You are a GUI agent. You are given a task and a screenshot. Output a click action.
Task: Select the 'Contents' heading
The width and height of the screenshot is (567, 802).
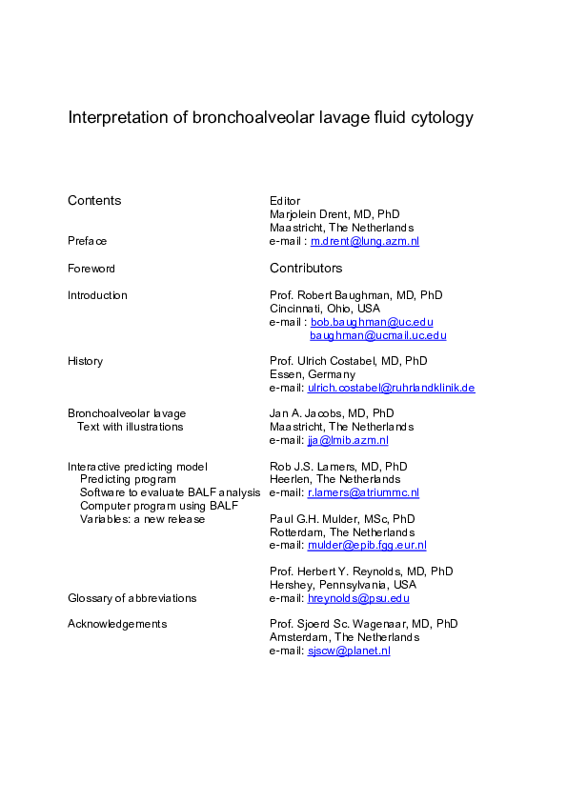coord(94,200)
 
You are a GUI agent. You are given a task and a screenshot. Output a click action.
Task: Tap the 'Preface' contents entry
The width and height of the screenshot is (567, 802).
coord(87,242)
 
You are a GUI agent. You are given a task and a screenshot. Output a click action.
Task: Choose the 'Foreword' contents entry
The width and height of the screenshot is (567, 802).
coord(91,269)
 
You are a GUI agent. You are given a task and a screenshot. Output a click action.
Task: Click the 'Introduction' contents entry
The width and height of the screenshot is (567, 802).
coord(97,295)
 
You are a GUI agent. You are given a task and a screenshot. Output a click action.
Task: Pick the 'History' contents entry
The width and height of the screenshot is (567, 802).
coord(85,361)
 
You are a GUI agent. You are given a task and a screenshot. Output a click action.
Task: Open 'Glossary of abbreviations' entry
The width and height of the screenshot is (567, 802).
coord(132,598)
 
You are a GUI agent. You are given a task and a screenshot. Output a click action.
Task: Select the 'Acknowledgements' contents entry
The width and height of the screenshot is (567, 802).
coord(117,624)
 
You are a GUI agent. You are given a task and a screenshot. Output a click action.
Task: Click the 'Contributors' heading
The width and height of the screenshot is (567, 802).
coord(306,269)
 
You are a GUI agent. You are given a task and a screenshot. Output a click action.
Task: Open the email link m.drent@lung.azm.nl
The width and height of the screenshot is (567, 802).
coord(365,242)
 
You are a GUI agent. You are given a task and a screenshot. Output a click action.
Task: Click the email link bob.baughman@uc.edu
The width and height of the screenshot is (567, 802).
coord(372,322)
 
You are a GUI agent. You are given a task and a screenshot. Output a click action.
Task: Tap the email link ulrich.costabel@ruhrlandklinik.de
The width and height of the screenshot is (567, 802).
coord(391,388)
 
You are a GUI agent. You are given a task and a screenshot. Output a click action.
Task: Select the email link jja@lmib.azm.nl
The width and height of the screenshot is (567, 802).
coord(348,440)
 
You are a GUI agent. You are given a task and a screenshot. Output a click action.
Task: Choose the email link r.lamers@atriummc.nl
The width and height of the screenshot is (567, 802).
coord(363,492)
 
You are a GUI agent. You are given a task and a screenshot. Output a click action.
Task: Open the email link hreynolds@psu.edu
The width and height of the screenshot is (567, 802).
coord(358,598)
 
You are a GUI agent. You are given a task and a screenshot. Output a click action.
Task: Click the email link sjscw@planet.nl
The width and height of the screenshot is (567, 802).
coord(349,651)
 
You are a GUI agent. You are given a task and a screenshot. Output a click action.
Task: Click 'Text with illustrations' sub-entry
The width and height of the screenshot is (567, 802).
coord(131,427)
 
